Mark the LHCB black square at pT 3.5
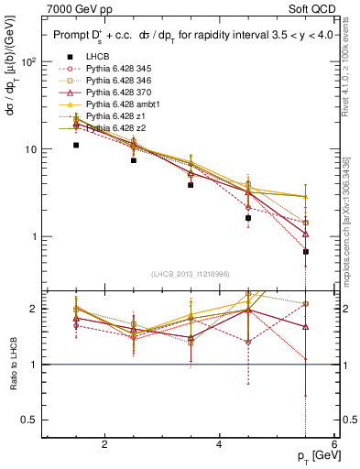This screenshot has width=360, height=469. (x=191, y=185)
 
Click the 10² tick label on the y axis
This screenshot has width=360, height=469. (x=28, y=62)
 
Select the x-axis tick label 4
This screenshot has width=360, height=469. (x=219, y=444)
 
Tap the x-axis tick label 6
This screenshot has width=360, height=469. (x=334, y=444)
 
